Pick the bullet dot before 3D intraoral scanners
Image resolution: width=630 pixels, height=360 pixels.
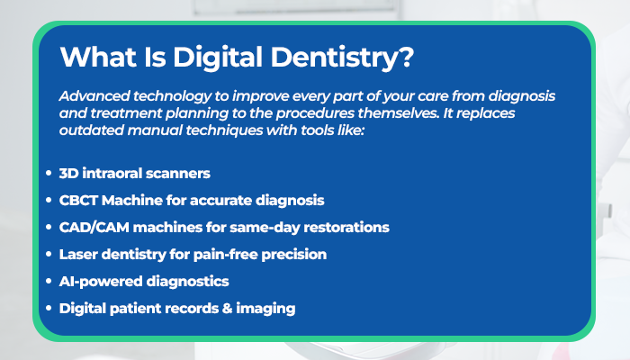tap(49, 172)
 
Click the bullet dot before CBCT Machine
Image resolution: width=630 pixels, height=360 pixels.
tap(49, 200)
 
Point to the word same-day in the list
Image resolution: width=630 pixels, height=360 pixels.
tap(280, 227)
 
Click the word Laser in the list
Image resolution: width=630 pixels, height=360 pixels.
tap(79, 255)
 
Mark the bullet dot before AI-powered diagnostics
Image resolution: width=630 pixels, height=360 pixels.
tap(49, 282)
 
